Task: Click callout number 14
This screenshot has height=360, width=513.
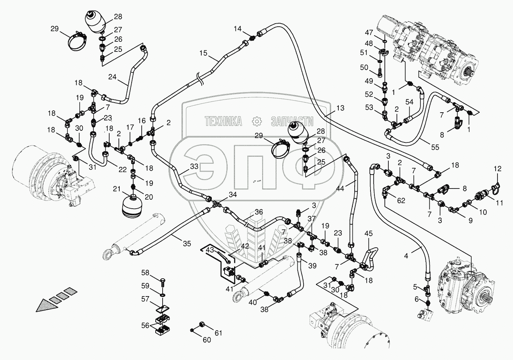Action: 238,28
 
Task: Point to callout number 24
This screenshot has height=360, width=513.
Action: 112,77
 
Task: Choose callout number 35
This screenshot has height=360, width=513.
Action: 187,243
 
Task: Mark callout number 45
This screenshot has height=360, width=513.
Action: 369,233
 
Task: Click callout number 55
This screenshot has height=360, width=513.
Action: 436,147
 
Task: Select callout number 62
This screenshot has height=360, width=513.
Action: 401,201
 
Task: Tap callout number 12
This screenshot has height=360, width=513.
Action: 497,169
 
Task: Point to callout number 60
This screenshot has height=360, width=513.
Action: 207,340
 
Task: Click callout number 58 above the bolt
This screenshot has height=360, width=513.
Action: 145,273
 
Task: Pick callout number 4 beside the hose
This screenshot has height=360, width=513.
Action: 406,255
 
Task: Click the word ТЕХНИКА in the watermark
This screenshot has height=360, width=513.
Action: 223,122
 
